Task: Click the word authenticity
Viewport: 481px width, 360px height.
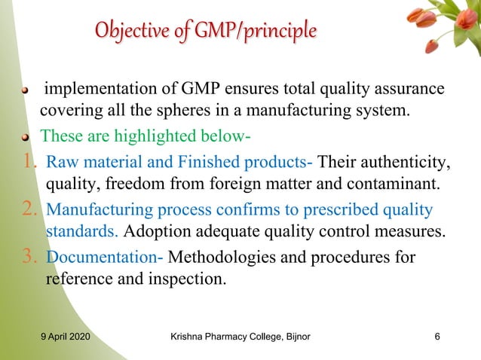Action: (x=403, y=162)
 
